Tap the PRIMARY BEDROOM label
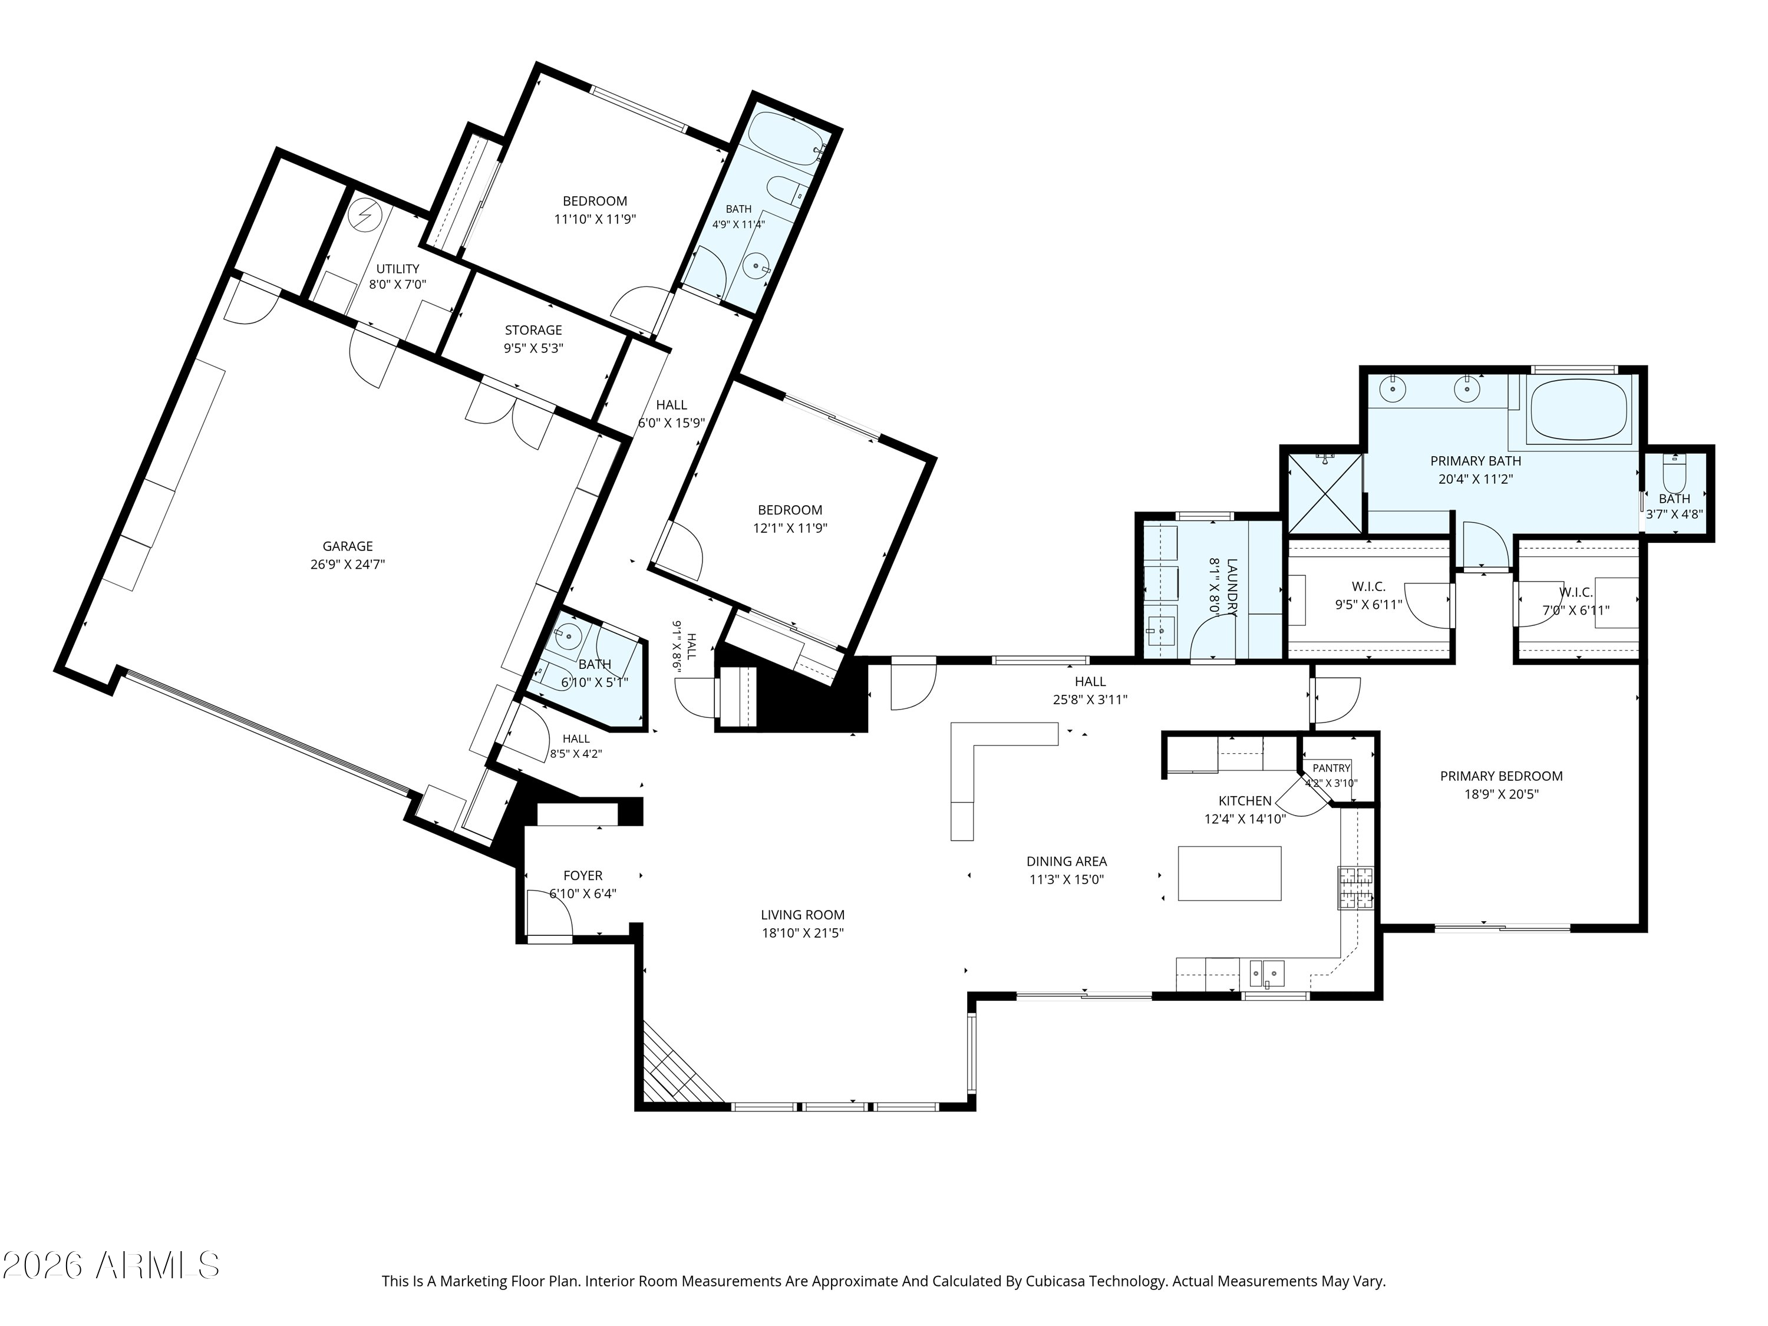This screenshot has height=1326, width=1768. pyautogui.click(x=1501, y=776)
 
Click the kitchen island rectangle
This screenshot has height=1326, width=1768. pyautogui.click(x=1229, y=873)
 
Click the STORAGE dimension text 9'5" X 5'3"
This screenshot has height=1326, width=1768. pyautogui.click(x=533, y=348)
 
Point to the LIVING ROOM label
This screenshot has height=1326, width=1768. pyautogui.click(x=803, y=915)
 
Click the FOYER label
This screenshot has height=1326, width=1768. pyautogui.click(x=583, y=876)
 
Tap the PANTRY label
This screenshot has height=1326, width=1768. pyautogui.click(x=1331, y=768)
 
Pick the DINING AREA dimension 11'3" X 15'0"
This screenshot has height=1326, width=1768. pyautogui.click(x=1066, y=879)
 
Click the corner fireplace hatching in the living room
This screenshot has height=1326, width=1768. pyautogui.click(x=675, y=1063)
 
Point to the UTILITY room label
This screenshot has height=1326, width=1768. pyautogui.click(x=397, y=269)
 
